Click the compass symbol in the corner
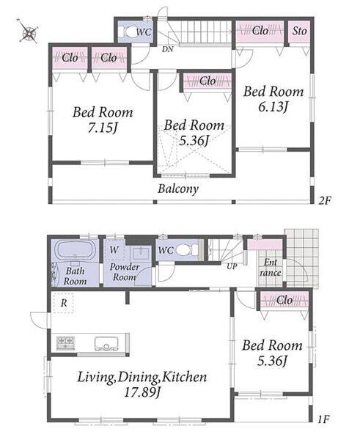pos(29,32)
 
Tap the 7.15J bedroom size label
pos(102,128)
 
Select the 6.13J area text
pos(273,107)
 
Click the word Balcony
pos(178,188)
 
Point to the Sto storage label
pos(299,31)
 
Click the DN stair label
pos(167,49)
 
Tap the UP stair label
pos(232,266)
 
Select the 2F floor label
pos(325,200)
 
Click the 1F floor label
pos(323,419)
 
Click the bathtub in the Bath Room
pos(75,250)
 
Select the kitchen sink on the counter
pos(106,343)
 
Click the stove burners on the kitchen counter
pos(66,343)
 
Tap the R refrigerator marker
pos(64,303)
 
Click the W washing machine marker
pos(114,249)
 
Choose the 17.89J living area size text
pos(142,392)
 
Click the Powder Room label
pos(125,272)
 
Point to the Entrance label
pos(271,268)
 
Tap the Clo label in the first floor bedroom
pos(284,300)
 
